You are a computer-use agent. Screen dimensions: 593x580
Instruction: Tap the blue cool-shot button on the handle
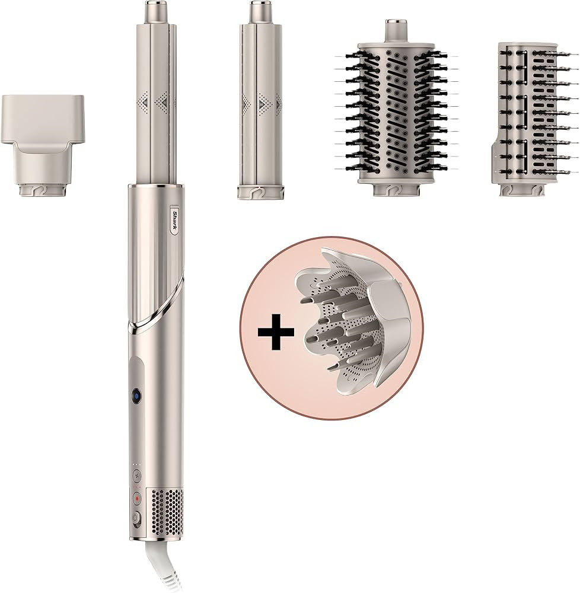[x=136, y=396]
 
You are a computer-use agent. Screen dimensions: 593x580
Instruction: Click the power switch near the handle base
[x=136, y=517]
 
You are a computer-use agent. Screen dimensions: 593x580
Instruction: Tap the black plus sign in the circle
[x=276, y=333]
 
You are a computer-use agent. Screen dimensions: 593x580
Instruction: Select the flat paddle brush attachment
[x=525, y=116]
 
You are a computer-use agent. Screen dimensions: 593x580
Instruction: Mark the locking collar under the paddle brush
[x=520, y=190]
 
